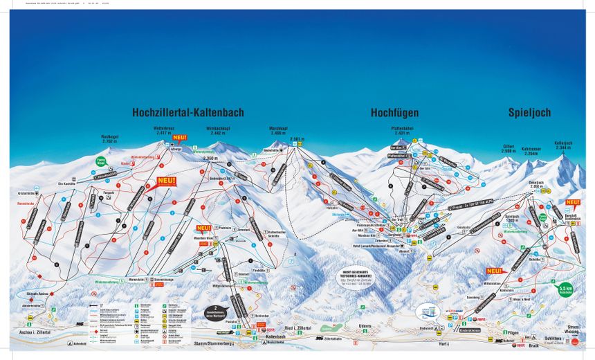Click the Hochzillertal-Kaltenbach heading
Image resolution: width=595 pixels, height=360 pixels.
coord(188,112)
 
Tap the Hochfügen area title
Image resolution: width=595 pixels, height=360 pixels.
coord(394,112)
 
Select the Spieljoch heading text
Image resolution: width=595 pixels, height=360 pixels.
coord(530,112)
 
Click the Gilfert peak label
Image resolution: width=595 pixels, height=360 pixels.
coord(509,148)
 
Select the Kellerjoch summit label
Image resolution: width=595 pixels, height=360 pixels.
coord(563,145)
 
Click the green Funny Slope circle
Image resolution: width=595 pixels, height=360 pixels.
coord(101,162)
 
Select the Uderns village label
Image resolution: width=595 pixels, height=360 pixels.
coord(365,325)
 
